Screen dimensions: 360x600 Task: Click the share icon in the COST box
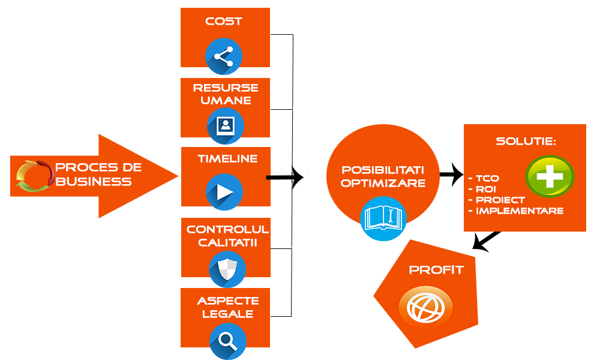click(x=223, y=56)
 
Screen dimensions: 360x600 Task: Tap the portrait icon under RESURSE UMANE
click(x=226, y=125)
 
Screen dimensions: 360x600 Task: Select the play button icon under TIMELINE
click(x=224, y=192)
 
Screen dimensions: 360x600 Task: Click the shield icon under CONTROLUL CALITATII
click(x=227, y=268)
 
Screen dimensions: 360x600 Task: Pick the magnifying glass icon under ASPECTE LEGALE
click(x=227, y=340)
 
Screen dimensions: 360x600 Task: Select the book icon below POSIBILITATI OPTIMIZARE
click(x=383, y=217)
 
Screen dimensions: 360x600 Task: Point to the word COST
click(x=224, y=22)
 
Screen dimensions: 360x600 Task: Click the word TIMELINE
click(x=227, y=159)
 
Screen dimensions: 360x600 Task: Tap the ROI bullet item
click(x=482, y=189)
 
